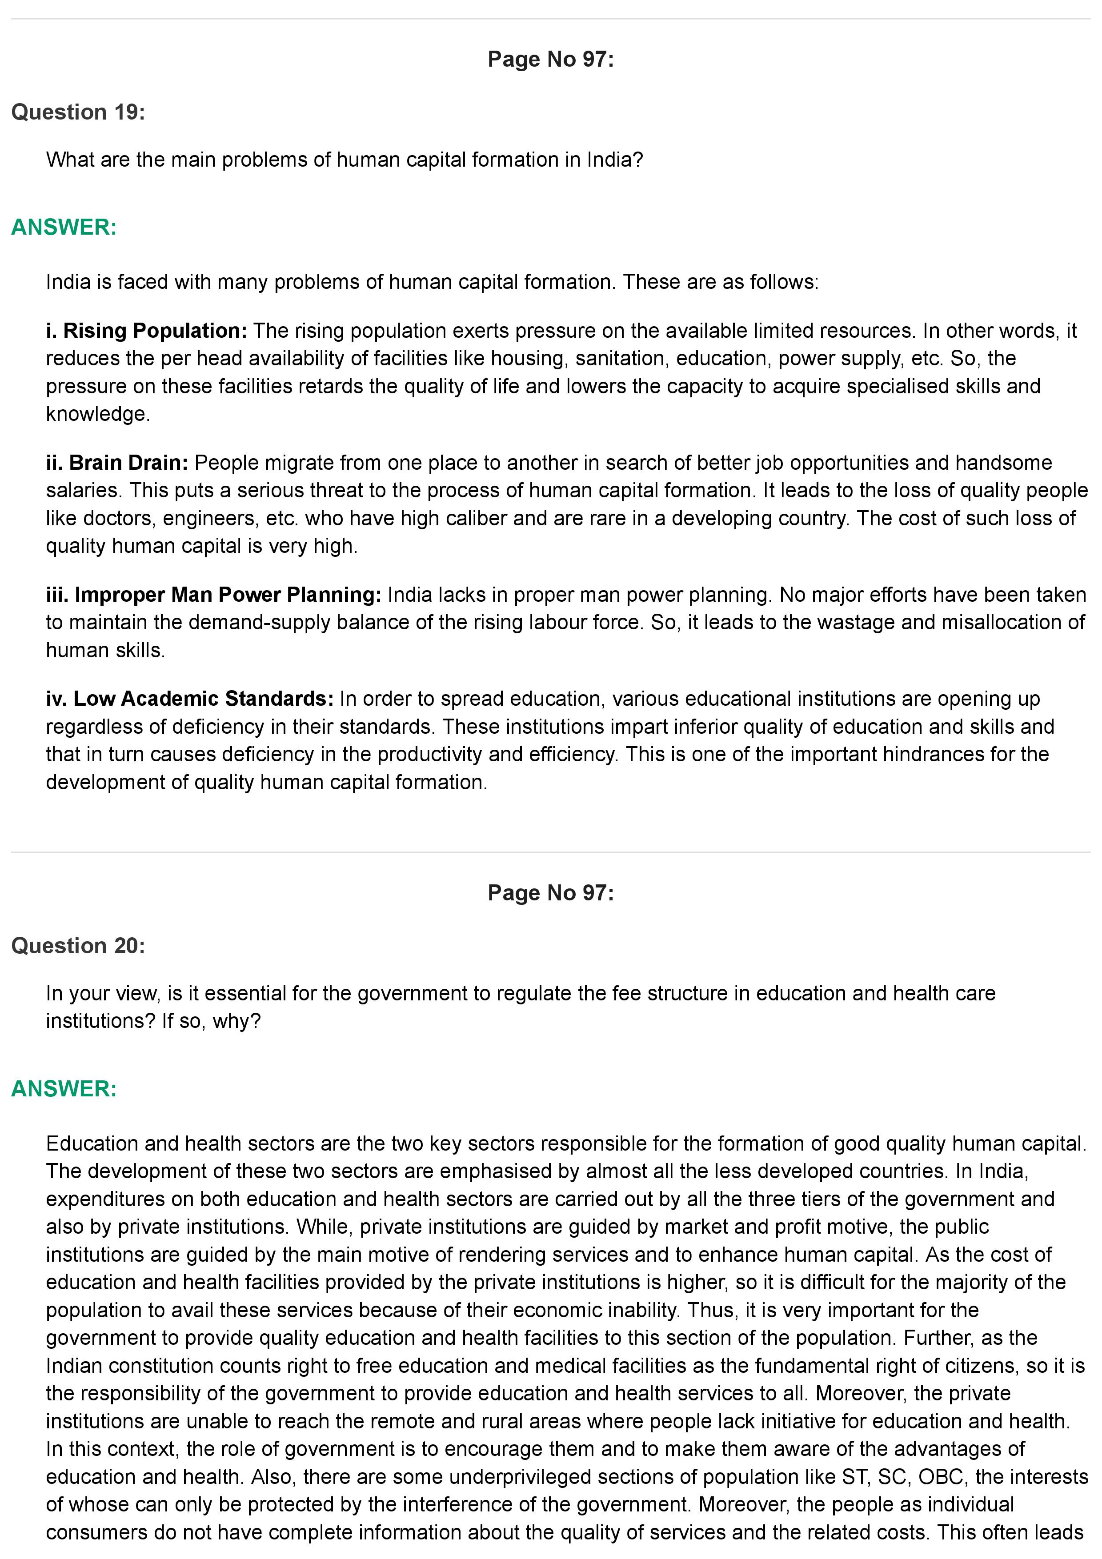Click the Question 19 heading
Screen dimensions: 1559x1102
(x=78, y=112)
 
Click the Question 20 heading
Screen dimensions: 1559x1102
(x=78, y=945)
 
